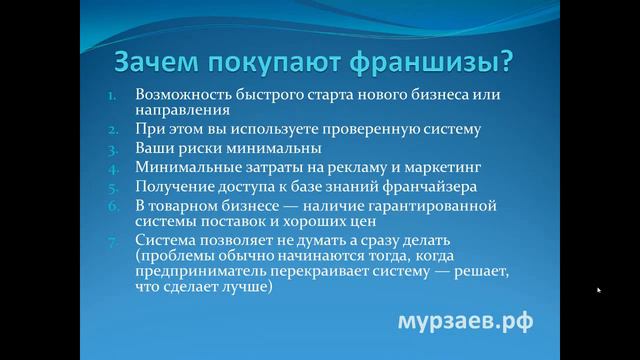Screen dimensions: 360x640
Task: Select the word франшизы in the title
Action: point(441,63)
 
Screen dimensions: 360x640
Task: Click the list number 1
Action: point(112,95)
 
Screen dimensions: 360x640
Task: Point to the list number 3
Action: point(113,148)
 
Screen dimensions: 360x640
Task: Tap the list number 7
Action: point(113,240)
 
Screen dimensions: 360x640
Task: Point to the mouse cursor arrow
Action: point(598,290)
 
